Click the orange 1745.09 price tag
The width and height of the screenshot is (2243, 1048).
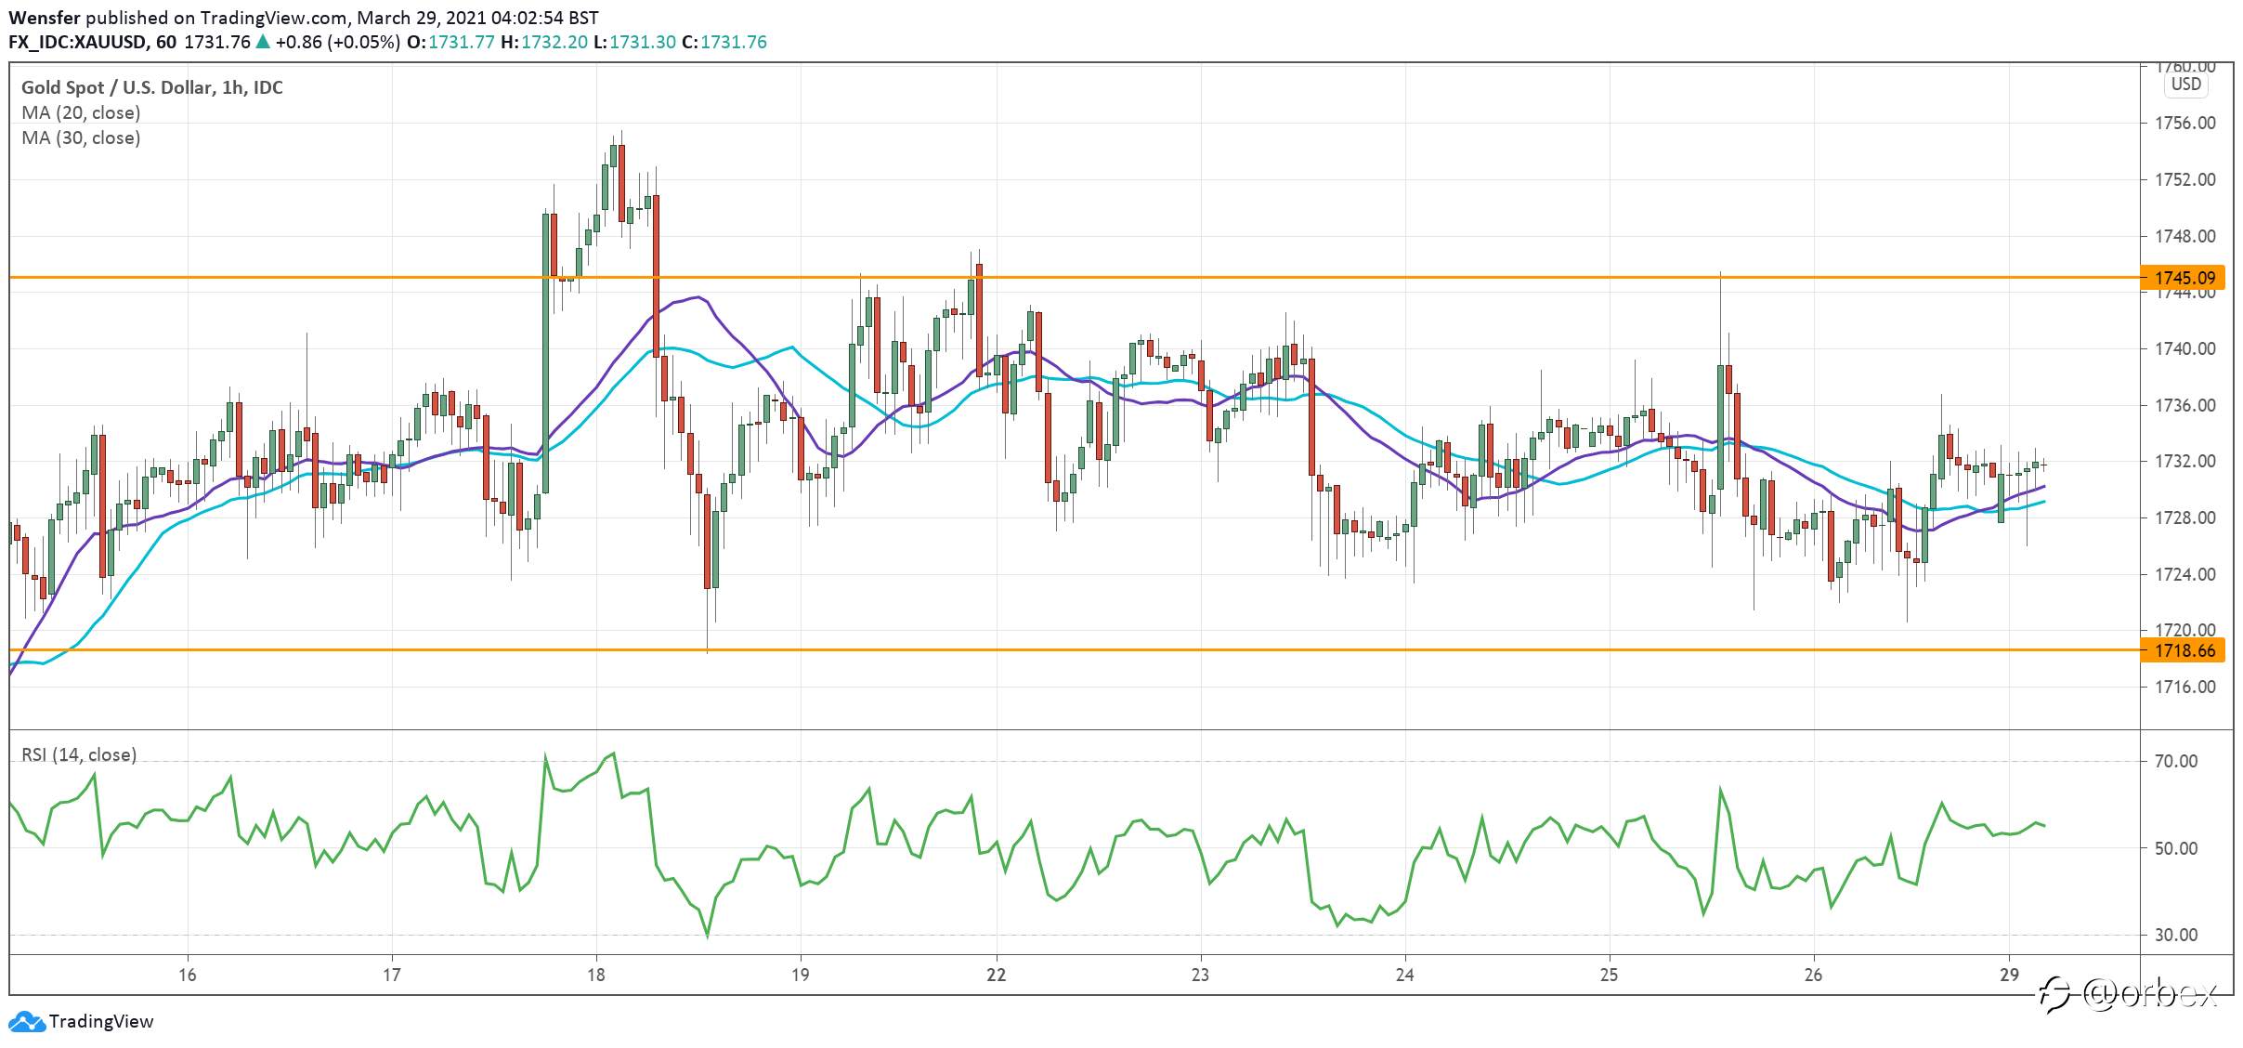point(2185,278)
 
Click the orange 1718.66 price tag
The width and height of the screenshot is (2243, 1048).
point(2185,650)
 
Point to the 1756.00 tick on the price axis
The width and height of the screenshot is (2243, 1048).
point(2184,124)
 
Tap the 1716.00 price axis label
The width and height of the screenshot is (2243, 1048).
point(2184,688)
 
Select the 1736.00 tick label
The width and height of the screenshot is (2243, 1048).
point(2184,406)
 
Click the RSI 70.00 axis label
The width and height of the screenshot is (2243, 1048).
point(2176,762)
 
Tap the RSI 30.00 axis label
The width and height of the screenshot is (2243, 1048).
point(2176,936)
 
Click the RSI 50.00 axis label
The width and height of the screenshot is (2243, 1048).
point(2176,848)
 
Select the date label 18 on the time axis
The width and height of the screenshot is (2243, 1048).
point(596,975)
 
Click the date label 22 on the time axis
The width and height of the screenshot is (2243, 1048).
point(997,975)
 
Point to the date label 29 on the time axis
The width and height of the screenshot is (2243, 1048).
point(2009,975)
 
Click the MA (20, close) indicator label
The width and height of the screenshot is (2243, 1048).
point(81,113)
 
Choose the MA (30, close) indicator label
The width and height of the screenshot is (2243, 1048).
point(81,138)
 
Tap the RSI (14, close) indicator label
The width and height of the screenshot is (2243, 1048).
point(79,755)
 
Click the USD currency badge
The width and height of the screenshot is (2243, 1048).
point(2185,85)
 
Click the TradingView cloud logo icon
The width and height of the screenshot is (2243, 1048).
point(26,1022)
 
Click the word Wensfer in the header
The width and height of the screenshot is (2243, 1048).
point(45,18)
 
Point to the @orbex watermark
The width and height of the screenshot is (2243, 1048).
point(2130,995)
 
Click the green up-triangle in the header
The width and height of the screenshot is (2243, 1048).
point(263,42)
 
